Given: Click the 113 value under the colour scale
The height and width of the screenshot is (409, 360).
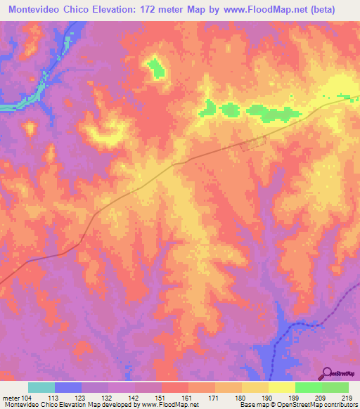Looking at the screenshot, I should (56, 398).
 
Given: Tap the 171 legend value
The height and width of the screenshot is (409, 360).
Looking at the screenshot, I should (216, 398).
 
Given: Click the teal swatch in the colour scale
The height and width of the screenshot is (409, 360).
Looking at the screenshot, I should (41, 387).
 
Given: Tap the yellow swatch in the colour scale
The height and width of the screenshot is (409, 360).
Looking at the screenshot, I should (282, 387).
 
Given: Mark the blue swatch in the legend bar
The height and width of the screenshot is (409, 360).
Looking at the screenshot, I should (68, 387).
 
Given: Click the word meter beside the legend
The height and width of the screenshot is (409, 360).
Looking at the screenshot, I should (11, 398).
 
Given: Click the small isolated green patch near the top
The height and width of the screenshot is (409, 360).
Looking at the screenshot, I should (156, 68).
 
